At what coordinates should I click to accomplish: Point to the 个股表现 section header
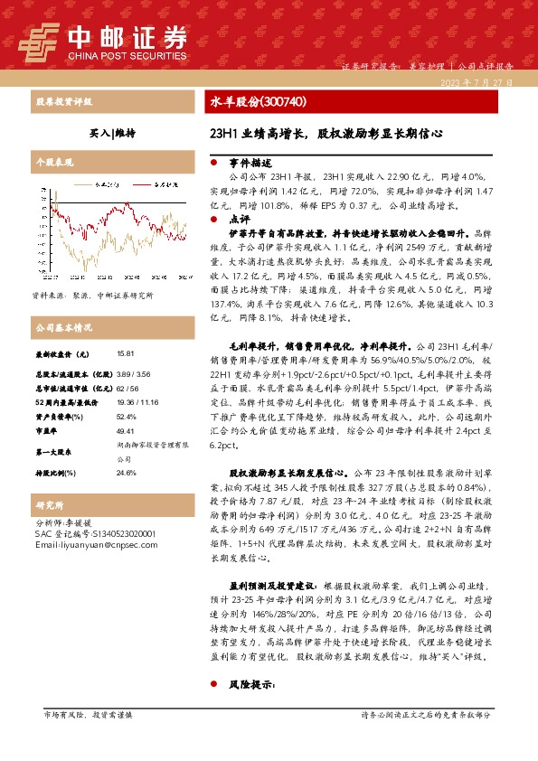[54, 163]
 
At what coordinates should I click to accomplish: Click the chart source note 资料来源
[93, 295]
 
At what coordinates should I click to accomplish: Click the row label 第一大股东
[55, 451]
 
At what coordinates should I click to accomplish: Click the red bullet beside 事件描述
[212, 163]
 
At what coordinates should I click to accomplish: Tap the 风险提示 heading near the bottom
[245, 685]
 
